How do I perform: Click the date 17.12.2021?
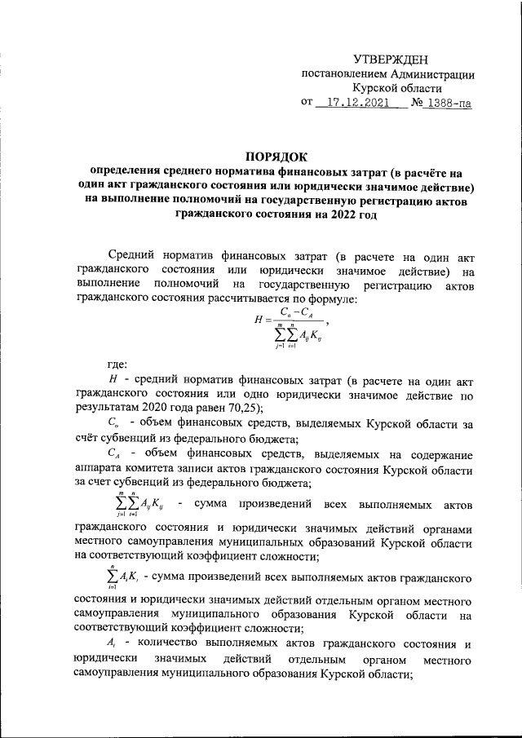[352, 104]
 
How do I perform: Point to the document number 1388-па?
[447, 104]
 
